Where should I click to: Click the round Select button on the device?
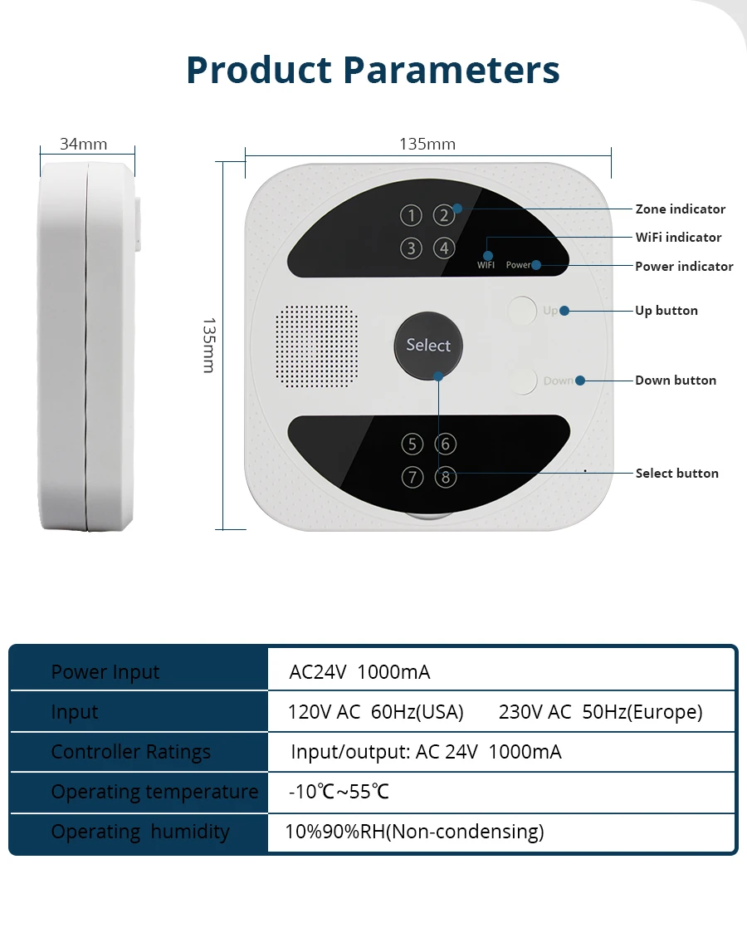pos(428,345)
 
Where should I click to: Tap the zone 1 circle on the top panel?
pos(411,216)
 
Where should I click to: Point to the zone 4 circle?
pos(444,248)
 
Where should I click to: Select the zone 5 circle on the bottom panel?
pos(412,444)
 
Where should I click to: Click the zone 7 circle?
pos(412,478)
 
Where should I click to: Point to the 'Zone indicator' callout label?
pos(680,209)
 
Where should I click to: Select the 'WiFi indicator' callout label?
pos(678,238)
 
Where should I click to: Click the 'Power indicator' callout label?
pos(684,267)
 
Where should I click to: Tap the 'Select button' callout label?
pos(676,474)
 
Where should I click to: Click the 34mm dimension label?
pos(83,144)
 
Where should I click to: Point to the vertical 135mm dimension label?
pos(208,345)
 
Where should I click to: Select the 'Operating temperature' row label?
pos(154,792)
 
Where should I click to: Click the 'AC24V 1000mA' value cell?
pos(359,672)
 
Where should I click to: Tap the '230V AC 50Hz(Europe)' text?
pos(600,712)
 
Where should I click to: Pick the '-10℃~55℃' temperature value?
pos(339,792)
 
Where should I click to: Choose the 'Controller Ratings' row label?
pos(131,752)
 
